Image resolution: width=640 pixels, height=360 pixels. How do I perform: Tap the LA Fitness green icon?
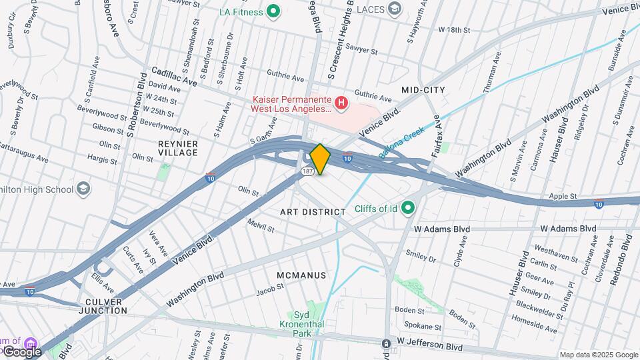(x=272, y=11)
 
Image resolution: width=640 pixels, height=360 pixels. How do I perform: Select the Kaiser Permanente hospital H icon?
(x=341, y=103)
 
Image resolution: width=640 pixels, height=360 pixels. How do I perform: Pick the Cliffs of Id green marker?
(x=409, y=209)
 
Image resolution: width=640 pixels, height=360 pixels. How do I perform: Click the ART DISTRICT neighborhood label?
(x=313, y=212)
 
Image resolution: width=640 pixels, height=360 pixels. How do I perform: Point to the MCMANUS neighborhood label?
(x=301, y=275)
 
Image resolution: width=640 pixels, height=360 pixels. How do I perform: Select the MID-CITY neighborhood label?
(x=423, y=89)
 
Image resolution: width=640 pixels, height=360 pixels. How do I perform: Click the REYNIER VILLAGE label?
(x=178, y=148)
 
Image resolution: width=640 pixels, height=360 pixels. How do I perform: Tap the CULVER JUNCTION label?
(x=103, y=306)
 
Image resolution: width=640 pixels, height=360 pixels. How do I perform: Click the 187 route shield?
(x=307, y=171)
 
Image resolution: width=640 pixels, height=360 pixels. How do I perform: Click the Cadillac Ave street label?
(x=174, y=76)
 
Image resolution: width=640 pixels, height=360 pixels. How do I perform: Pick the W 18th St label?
(x=454, y=30)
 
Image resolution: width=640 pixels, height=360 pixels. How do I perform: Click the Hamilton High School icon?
(x=83, y=189)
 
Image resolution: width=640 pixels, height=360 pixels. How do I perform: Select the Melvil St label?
(x=261, y=225)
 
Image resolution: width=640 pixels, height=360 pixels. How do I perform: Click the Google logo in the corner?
(x=21, y=351)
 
